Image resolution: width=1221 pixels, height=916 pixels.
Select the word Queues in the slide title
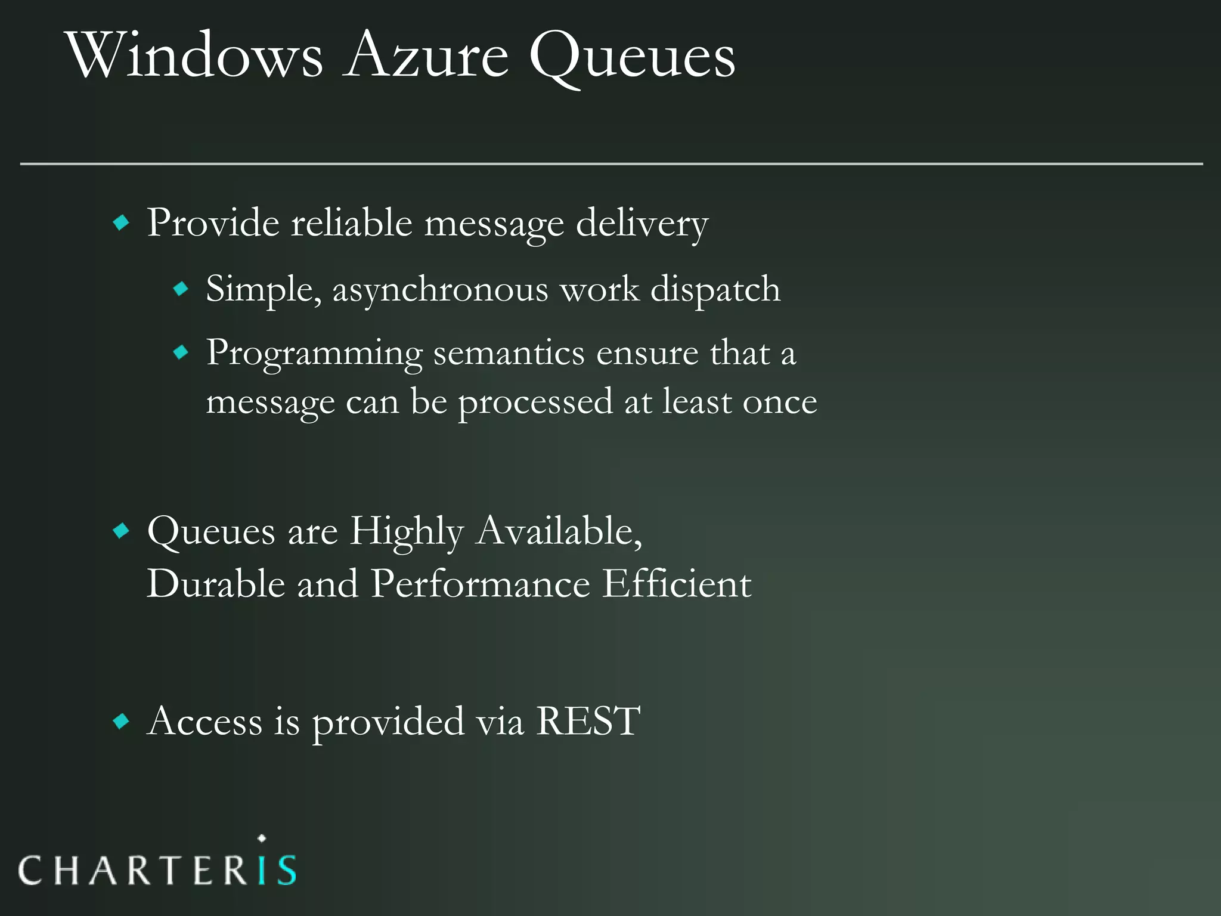tap(632, 58)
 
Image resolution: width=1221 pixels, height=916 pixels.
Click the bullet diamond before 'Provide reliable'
tap(121, 224)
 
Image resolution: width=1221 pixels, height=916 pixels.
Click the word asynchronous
tap(440, 290)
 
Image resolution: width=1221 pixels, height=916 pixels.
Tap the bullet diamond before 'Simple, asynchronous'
tap(181, 290)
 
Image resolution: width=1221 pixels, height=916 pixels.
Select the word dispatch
tap(715, 290)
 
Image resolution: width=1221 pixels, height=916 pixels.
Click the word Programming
tap(314, 354)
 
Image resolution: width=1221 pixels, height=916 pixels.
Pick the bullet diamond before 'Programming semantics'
tap(181, 353)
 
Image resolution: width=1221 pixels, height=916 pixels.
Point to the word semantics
tap(509, 354)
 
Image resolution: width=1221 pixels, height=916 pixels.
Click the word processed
tap(535, 403)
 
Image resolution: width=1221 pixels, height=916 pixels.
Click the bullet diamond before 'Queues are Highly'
tap(121, 531)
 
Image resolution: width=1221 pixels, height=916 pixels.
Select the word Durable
tap(216, 583)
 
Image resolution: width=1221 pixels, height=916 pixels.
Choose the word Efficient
tap(677, 583)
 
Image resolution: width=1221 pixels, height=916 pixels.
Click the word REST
tap(588, 722)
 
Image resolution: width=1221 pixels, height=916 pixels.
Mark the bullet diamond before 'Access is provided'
tap(121, 722)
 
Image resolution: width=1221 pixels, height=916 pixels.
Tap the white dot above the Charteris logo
tap(262, 838)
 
